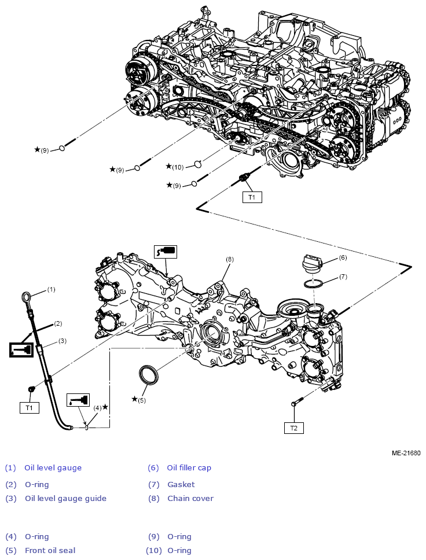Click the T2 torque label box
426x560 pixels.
(293, 428)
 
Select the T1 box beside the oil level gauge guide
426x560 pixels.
(29, 408)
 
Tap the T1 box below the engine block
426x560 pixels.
(252, 197)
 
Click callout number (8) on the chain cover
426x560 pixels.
(230, 260)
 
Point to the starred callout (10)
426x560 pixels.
(175, 167)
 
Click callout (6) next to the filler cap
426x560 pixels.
(343, 257)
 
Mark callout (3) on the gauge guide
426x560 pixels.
(62, 341)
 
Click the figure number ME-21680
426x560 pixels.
(406, 454)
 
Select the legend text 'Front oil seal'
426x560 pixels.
(50, 550)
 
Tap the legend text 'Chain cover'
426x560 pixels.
(190, 498)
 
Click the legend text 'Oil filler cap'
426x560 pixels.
(189, 467)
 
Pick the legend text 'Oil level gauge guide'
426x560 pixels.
(65, 498)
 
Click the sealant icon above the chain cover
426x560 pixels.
(166, 251)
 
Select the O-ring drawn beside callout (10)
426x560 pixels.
(197, 164)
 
